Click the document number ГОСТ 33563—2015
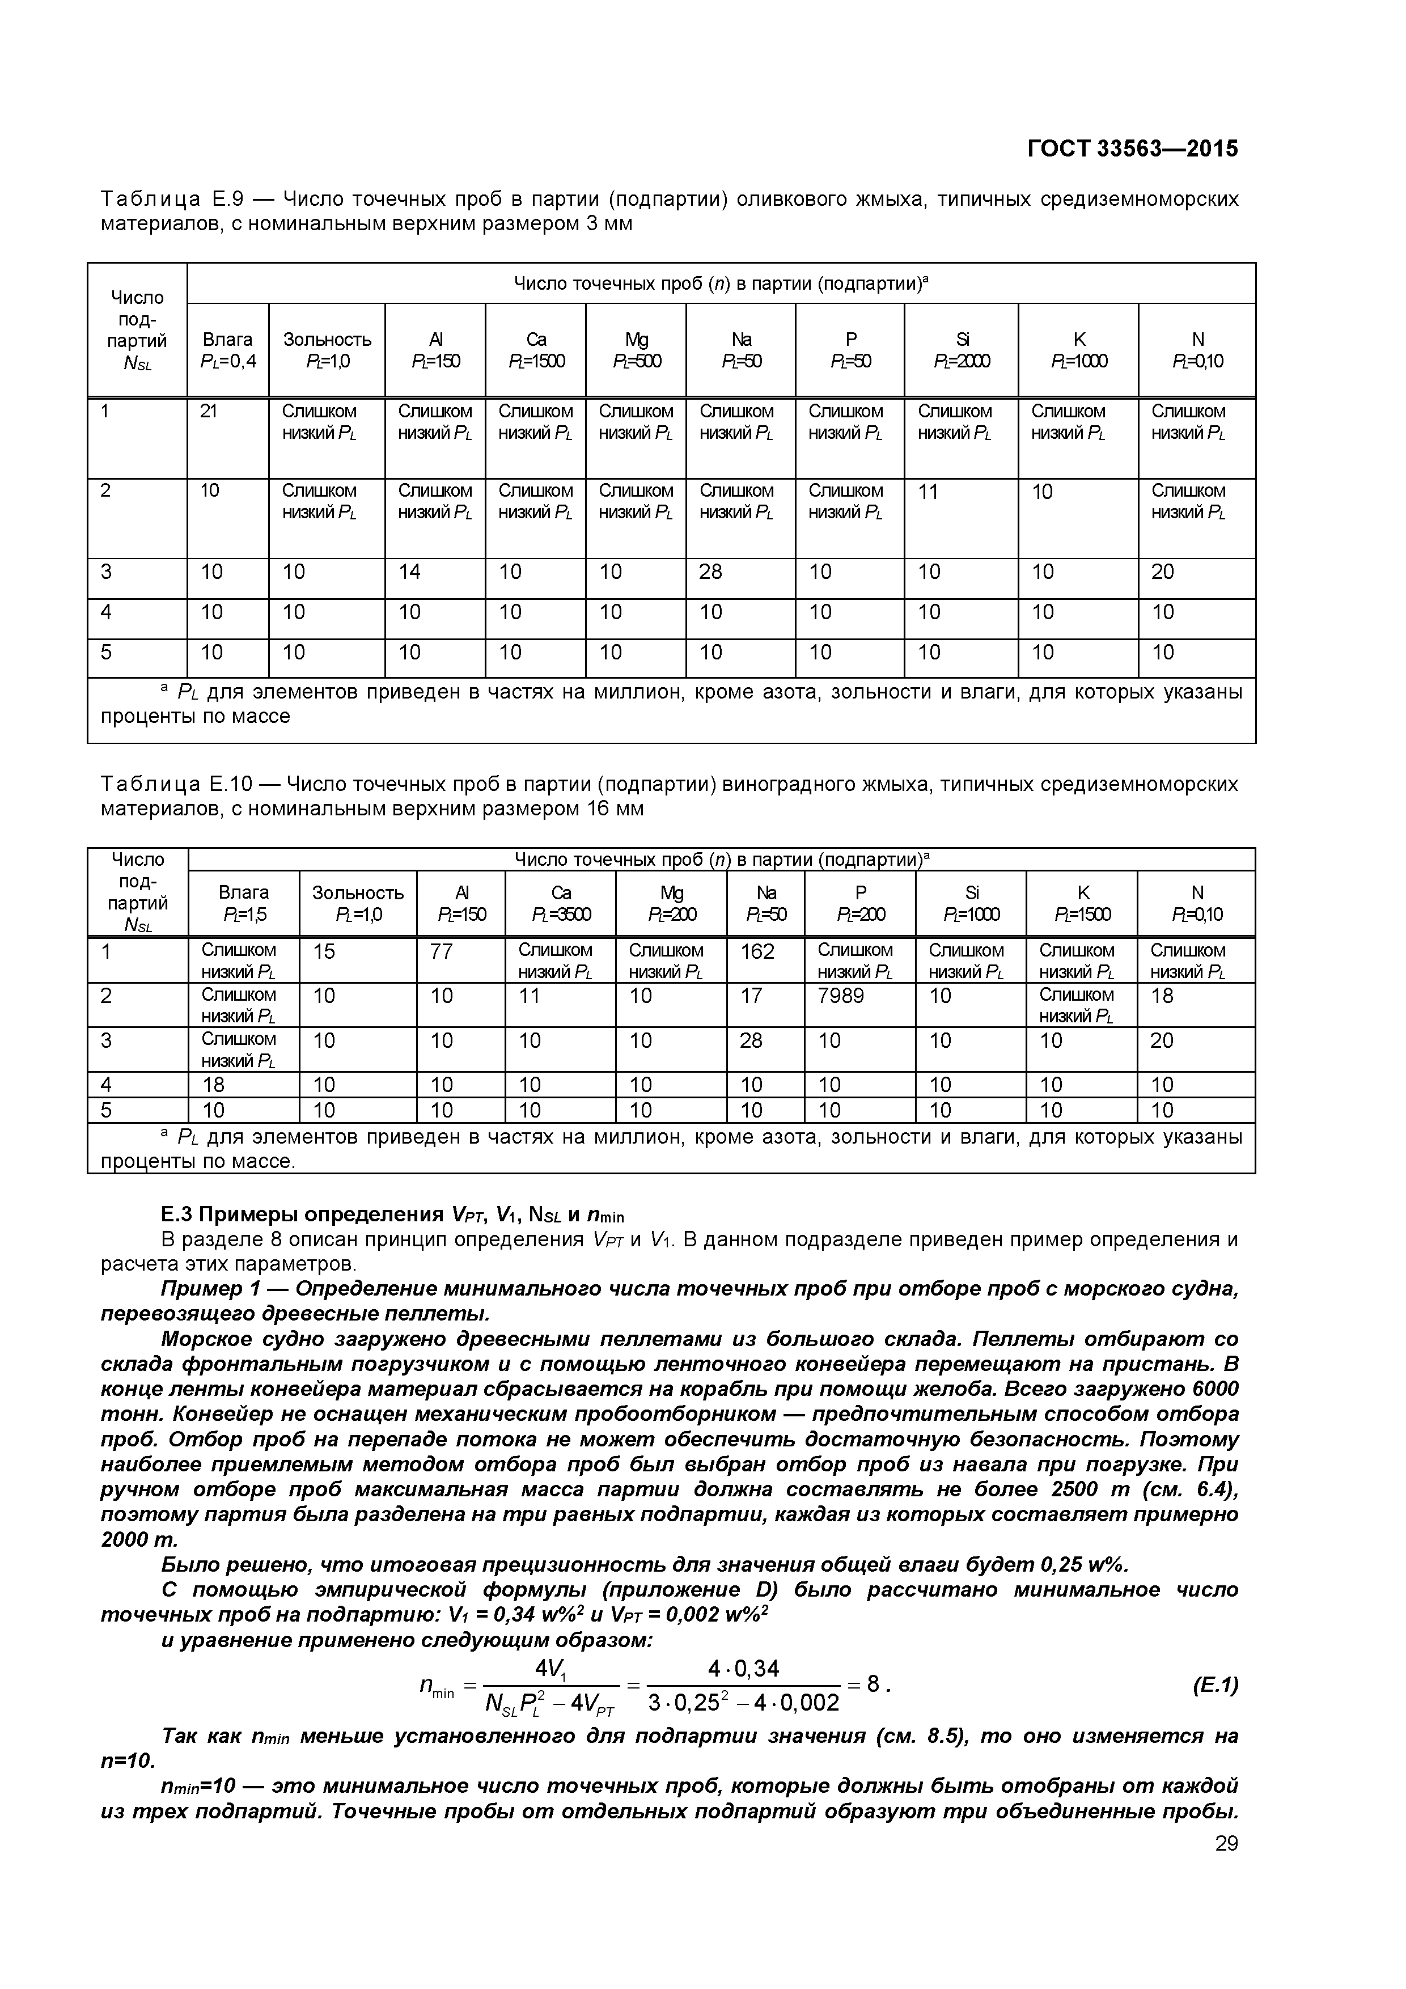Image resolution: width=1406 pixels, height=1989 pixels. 1132,149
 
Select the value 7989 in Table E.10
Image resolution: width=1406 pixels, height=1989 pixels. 841,996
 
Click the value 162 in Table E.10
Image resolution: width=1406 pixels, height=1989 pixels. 757,952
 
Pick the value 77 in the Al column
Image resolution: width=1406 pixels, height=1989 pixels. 441,952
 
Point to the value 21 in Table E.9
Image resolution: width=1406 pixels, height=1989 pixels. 209,412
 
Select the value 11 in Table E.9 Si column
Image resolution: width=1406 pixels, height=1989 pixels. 929,492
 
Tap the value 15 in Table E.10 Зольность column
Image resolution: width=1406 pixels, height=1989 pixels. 324,952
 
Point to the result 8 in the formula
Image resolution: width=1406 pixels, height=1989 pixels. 873,1683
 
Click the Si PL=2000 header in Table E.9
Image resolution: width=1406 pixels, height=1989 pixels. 961,350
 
